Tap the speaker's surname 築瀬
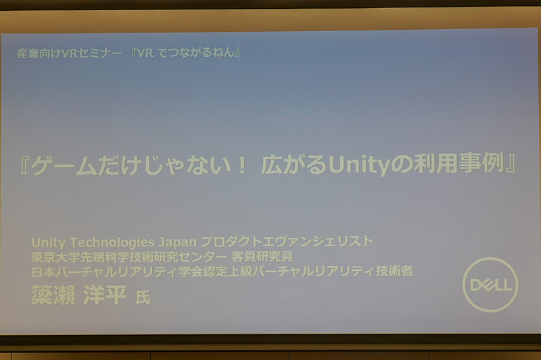click(x=53, y=295)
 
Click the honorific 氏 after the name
click(x=143, y=297)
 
